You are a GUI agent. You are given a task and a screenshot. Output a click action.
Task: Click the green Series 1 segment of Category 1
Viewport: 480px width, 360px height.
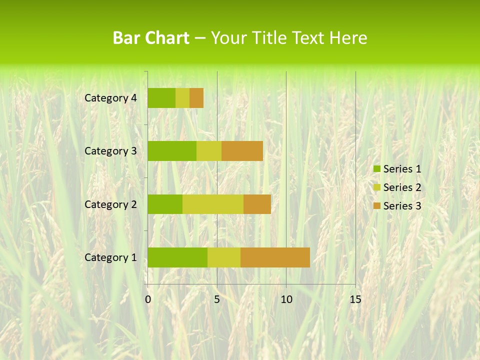pos(177,257)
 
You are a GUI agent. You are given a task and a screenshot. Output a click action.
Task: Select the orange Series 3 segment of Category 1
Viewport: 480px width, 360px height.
pos(275,257)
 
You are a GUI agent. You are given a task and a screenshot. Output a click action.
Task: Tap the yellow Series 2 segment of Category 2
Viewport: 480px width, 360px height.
pos(212,204)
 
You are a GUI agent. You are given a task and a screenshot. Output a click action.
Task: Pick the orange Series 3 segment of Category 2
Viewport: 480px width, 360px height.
pos(257,204)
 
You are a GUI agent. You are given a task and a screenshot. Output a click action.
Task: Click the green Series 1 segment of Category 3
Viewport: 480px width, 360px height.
pos(172,151)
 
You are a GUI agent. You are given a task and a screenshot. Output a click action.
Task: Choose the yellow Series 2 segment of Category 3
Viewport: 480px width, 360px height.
pos(208,151)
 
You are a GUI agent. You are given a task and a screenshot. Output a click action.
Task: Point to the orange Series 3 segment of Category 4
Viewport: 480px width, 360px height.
pos(196,98)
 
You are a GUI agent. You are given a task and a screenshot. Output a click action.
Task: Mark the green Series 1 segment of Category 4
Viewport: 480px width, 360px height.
pos(161,98)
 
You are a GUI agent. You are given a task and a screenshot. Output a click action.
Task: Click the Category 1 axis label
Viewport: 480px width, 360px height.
pos(110,257)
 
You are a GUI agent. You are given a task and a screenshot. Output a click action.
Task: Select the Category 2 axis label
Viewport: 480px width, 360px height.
pos(110,204)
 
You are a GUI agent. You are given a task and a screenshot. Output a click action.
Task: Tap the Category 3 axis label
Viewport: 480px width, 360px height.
pos(110,151)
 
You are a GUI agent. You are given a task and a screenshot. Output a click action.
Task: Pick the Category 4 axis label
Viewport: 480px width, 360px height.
pos(110,98)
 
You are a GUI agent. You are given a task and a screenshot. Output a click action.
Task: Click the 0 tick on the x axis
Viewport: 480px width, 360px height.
pos(148,299)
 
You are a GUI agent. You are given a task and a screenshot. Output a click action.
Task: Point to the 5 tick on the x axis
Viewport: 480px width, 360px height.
pos(217,299)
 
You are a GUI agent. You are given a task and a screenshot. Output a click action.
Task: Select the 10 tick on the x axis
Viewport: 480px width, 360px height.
pos(286,299)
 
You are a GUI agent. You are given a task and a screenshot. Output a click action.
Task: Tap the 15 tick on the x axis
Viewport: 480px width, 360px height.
pos(355,299)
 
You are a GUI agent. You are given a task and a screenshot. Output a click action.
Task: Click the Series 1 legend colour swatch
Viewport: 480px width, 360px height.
pos(376,169)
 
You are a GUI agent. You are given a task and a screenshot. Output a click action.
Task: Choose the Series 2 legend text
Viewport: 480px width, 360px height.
pos(402,187)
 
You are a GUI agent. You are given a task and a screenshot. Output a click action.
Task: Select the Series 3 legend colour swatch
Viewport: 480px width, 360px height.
pos(376,206)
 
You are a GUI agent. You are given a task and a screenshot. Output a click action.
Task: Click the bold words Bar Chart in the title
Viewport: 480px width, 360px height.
pos(151,38)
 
